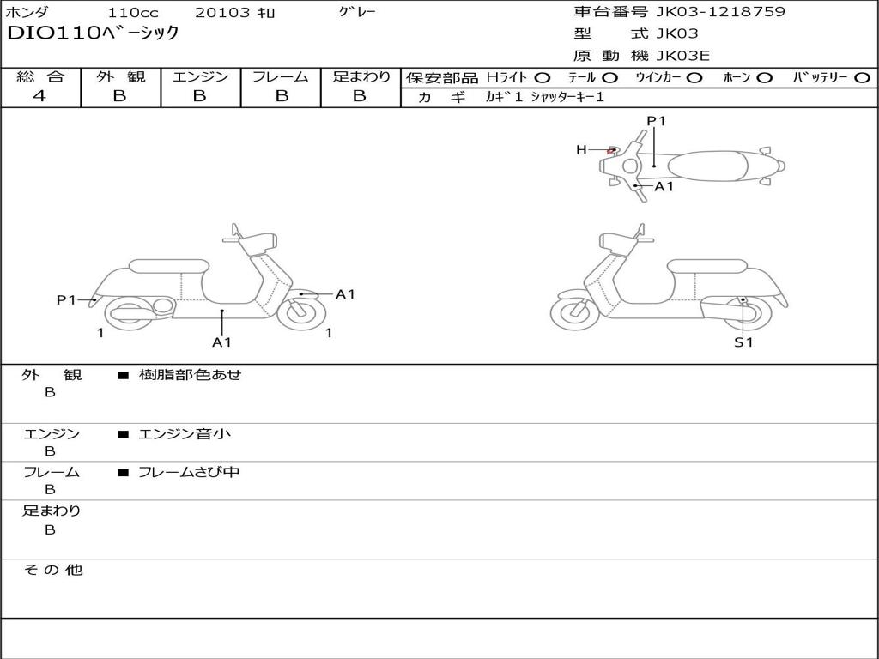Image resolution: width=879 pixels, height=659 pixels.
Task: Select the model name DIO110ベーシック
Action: click(93, 33)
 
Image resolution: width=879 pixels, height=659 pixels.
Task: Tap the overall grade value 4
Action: click(39, 96)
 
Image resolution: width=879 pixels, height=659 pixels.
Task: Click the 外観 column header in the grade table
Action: click(120, 76)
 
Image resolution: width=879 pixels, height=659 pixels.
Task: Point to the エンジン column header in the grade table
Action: click(200, 76)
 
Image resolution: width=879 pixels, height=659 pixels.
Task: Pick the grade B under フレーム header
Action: click(281, 96)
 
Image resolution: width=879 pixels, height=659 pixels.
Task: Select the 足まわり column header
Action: click(361, 76)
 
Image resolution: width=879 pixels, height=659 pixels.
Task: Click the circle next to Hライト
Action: click(543, 77)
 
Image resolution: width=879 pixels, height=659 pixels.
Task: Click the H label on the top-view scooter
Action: click(581, 150)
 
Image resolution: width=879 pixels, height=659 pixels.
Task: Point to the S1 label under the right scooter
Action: click(743, 342)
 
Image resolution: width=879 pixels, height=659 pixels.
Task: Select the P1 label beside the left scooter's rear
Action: click(66, 299)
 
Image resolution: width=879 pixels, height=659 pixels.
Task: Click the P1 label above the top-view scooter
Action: click(656, 121)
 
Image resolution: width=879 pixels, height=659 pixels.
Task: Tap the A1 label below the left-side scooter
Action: click(221, 342)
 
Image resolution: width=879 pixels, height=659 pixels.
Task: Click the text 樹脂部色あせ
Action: click(190, 375)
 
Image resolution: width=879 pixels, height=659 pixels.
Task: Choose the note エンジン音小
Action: click(184, 434)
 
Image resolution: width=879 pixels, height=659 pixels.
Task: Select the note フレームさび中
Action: click(189, 472)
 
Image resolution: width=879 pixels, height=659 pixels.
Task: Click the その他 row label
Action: click(52, 570)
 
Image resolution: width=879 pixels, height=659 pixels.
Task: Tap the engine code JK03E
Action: click(683, 56)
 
